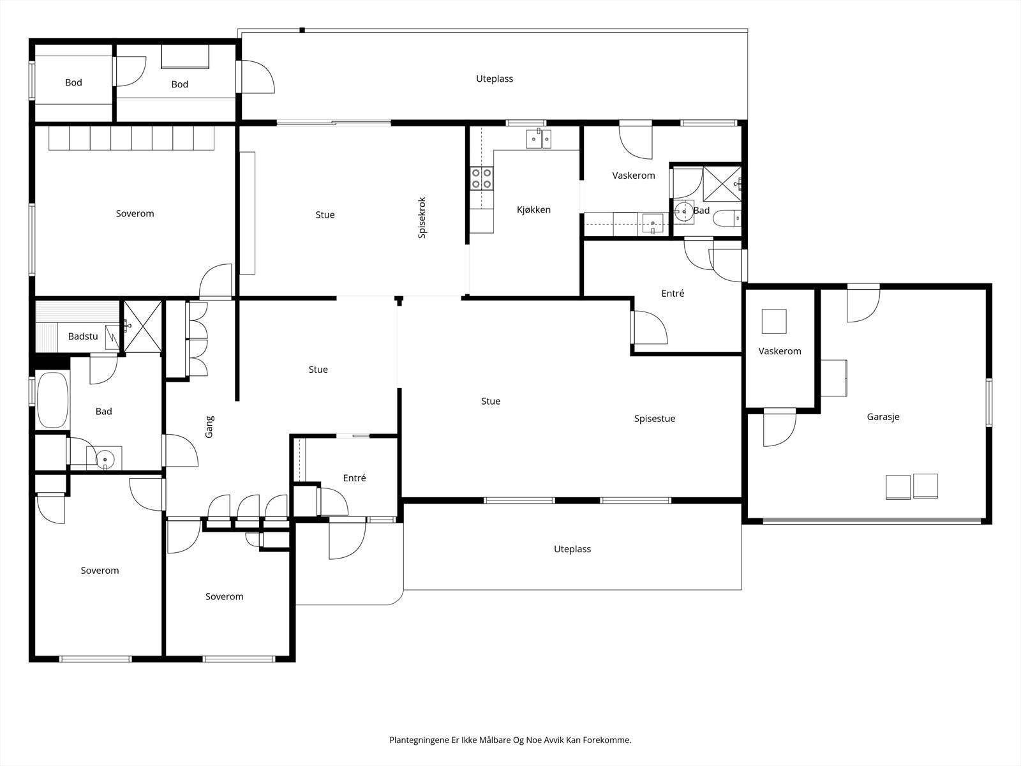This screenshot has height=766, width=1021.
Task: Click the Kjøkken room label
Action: (x=533, y=210)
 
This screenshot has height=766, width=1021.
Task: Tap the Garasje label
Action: (x=883, y=417)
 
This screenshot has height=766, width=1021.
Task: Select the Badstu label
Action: (x=83, y=336)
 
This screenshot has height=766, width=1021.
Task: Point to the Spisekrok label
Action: (x=422, y=218)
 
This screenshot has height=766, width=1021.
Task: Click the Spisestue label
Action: (x=655, y=419)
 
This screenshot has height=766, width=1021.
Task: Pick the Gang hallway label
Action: (x=209, y=426)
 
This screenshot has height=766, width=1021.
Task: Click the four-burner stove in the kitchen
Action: (x=481, y=178)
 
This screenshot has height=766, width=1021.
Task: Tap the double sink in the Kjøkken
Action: (x=539, y=139)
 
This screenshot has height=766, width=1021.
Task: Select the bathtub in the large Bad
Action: (x=52, y=400)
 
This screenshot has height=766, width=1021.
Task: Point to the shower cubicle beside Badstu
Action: (x=143, y=326)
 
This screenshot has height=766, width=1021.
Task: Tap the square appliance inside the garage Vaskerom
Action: (x=774, y=321)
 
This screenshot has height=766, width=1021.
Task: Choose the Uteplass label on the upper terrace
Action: (x=495, y=79)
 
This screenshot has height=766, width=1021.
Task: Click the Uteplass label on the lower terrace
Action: (x=572, y=549)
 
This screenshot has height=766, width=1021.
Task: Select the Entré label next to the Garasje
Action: (x=673, y=294)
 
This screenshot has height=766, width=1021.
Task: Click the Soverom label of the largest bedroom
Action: (x=135, y=213)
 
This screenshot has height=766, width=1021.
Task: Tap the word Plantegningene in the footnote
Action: (x=419, y=740)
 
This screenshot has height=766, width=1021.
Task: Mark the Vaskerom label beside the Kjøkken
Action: (x=634, y=176)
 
